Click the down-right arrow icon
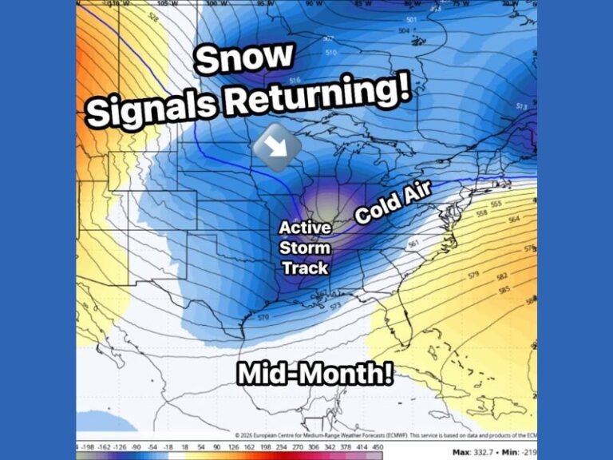pos(276,148)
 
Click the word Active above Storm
pos(305,228)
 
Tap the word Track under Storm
pos(305,268)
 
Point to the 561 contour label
pos(413,244)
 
